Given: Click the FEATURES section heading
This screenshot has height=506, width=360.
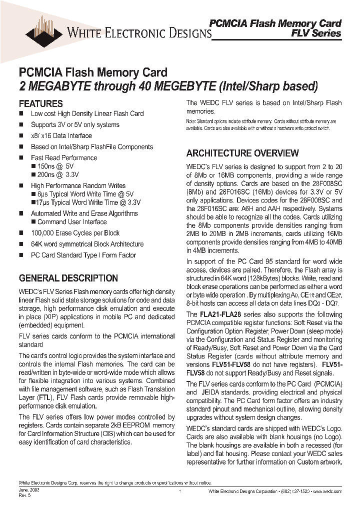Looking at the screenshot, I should (40, 104).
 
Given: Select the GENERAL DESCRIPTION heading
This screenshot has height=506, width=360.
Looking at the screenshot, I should (68, 278).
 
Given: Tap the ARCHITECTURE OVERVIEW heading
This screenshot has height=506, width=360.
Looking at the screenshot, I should (242, 153).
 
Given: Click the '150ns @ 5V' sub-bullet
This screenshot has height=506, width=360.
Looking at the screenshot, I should (55, 166).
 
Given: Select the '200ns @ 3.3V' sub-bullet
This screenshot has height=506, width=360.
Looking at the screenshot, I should (58, 175).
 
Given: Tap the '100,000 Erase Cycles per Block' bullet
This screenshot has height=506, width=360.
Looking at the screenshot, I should (75, 233).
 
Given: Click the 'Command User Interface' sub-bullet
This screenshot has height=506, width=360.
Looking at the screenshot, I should (71, 222).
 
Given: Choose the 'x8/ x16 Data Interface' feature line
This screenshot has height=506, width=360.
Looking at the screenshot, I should (61, 135).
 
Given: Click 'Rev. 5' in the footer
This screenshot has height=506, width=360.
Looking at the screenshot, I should (24, 496).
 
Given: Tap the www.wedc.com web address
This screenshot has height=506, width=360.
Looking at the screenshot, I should (328, 492).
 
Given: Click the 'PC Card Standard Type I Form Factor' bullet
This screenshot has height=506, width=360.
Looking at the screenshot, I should (83, 255).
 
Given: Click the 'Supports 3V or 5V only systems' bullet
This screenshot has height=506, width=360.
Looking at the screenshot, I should (75, 124).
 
